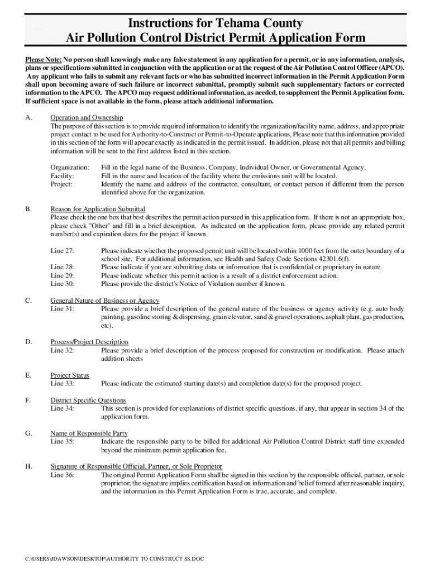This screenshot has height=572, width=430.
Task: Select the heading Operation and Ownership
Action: [87, 118]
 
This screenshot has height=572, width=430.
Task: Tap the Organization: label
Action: [70, 168]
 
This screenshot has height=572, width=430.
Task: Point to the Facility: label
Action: [62, 175]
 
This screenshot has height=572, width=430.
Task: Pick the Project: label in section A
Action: [61, 184]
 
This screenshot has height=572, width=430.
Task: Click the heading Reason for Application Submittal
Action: [98, 209]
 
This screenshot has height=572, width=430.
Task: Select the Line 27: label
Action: [62, 251]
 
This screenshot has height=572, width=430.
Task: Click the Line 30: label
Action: [62, 283]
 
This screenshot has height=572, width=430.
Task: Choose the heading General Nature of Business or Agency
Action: [104, 301]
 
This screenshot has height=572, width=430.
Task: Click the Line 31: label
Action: [62, 308]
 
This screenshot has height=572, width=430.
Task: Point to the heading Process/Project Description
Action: [89, 342]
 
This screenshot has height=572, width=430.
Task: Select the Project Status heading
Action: [70, 375]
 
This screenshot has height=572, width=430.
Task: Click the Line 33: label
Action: [62, 383]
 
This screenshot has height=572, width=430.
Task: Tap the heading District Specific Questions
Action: [88, 401]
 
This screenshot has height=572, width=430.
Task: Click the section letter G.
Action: [28, 433]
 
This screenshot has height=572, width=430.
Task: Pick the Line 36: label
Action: [62, 475]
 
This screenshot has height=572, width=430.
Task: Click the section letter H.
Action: [28, 466]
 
